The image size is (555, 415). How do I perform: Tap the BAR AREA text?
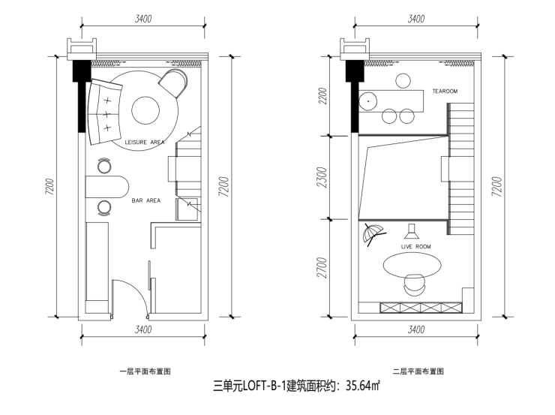point(146,200)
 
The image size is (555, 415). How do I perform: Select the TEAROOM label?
point(445,92)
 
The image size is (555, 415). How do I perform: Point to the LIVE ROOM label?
point(416,246)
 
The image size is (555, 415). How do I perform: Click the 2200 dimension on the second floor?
point(322,98)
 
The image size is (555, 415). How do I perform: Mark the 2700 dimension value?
point(322,268)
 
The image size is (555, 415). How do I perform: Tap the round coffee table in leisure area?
point(145,111)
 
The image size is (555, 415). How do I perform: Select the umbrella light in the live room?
point(369,234)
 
